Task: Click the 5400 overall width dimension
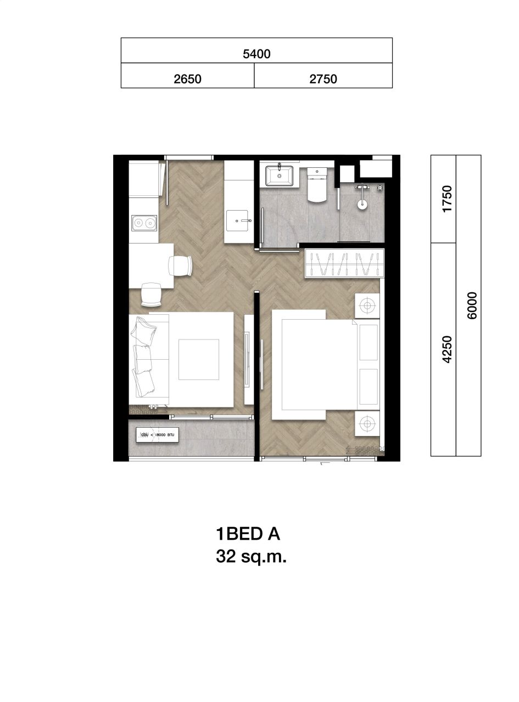pos(256,54)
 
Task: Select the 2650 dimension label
pos(187,79)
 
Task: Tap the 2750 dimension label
pos(323,79)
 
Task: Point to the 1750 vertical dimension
pos(447,199)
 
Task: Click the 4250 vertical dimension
pos(447,349)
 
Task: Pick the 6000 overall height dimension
pos(472,305)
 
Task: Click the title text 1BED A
pos(249,534)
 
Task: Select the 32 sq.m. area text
pos(252,557)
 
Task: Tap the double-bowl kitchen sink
pos(144,223)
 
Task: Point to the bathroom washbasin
pos(280,175)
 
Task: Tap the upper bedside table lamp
pos(367,304)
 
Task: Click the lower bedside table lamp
pos(367,423)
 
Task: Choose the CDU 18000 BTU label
pos(158,435)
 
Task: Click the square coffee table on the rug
pos(198,359)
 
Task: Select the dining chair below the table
pos(151,295)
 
